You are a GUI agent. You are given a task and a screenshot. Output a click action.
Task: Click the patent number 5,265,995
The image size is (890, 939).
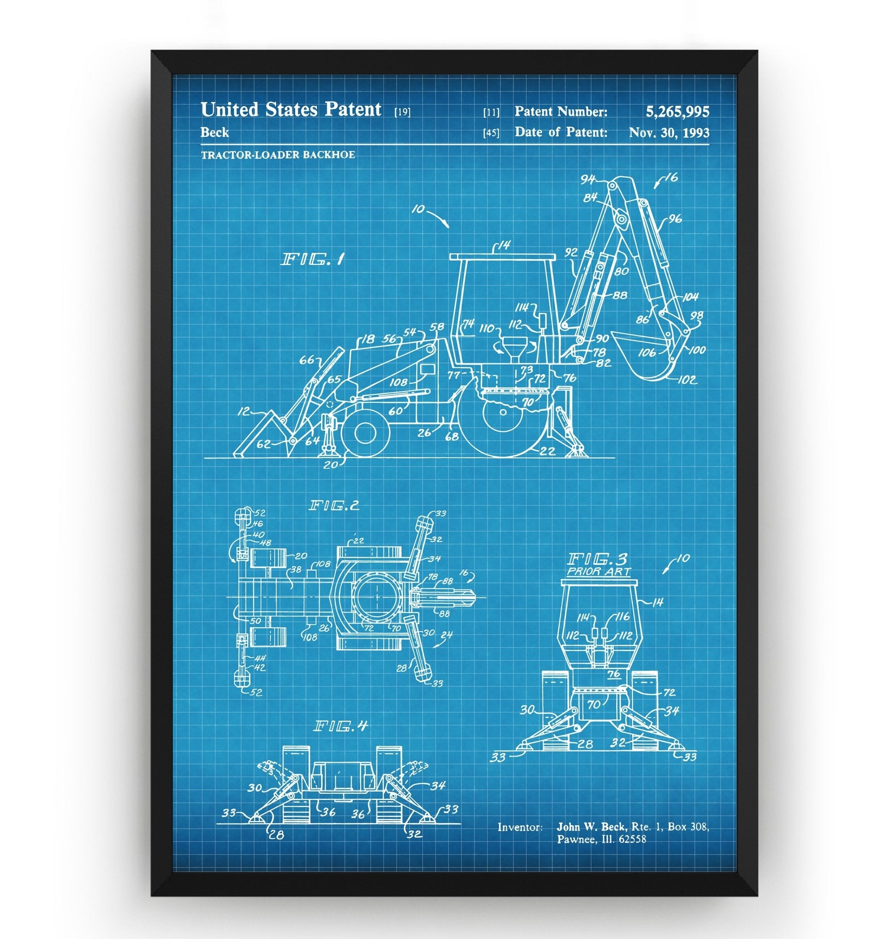pyautogui.click(x=677, y=111)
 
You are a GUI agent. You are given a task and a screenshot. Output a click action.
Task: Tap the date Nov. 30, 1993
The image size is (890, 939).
pyautogui.click(x=669, y=133)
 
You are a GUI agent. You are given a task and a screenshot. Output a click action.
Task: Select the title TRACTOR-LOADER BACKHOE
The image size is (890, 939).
pyautogui.click(x=277, y=155)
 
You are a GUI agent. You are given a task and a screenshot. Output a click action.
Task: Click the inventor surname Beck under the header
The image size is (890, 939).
pyautogui.click(x=215, y=133)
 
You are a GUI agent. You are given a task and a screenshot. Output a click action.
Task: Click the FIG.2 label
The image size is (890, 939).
pyautogui.click(x=334, y=505)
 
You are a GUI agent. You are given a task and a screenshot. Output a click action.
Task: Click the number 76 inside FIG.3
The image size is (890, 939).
pyautogui.click(x=614, y=674)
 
